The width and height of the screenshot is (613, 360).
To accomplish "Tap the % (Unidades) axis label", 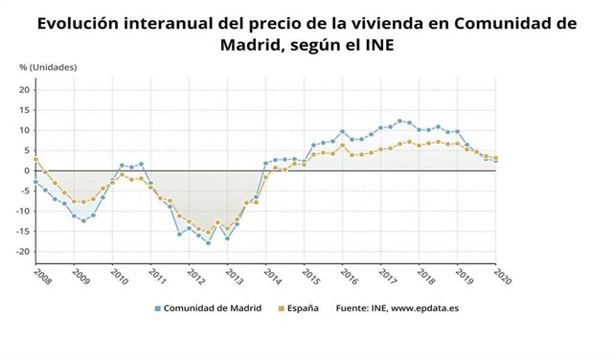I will (x=48, y=67).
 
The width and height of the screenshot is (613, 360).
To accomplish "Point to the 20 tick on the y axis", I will (x=25, y=89).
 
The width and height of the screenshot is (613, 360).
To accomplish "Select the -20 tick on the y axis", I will (x=23, y=252).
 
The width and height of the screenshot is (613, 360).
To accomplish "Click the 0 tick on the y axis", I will (x=28, y=170).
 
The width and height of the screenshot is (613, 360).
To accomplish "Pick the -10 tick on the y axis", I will (x=23, y=212).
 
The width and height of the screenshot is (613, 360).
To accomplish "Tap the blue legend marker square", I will (x=158, y=308).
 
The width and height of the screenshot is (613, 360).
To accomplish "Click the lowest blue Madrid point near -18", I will (x=208, y=243).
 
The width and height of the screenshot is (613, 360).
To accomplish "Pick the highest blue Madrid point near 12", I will (x=399, y=121).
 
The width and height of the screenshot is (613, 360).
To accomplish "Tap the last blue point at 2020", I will (x=495, y=161).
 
